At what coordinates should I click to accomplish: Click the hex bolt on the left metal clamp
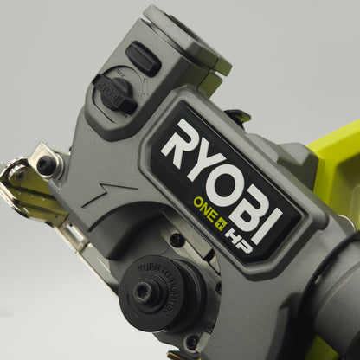(46, 164)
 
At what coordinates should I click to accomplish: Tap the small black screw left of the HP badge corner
(177, 240)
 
